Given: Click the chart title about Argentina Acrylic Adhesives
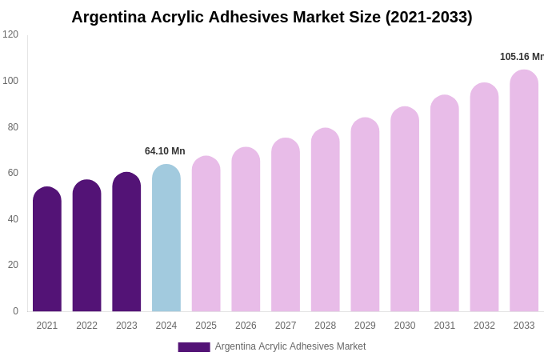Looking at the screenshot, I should click(x=272, y=17).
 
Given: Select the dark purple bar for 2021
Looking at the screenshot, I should click(x=47, y=250).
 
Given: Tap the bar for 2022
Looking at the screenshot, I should click(x=86, y=246).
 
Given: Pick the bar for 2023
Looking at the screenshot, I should click(x=126, y=242).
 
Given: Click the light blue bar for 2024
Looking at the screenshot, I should click(x=166, y=238).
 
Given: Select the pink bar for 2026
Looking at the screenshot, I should click(x=246, y=230).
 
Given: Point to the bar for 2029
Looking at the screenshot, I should click(x=365, y=215).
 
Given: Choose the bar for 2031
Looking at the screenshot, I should click(x=445, y=204).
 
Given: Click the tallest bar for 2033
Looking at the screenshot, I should click(x=524, y=191).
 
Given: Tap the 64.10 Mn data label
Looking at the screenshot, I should click(x=165, y=151).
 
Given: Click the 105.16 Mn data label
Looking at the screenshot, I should click(x=522, y=57).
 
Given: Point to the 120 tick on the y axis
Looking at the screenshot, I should click(x=10, y=34).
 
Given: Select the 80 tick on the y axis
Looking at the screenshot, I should click(x=10, y=126).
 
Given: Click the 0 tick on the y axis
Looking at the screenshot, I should click(x=15, y=311).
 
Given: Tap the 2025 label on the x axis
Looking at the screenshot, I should click(x=206, y=326).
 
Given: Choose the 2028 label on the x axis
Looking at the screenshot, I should click(x=325, y=326).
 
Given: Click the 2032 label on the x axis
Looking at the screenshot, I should click(x=484, y=326).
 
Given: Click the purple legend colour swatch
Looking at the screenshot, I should click(x=194, y=347).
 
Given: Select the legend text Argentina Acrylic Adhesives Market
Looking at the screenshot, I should click(x=290, y=346).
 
